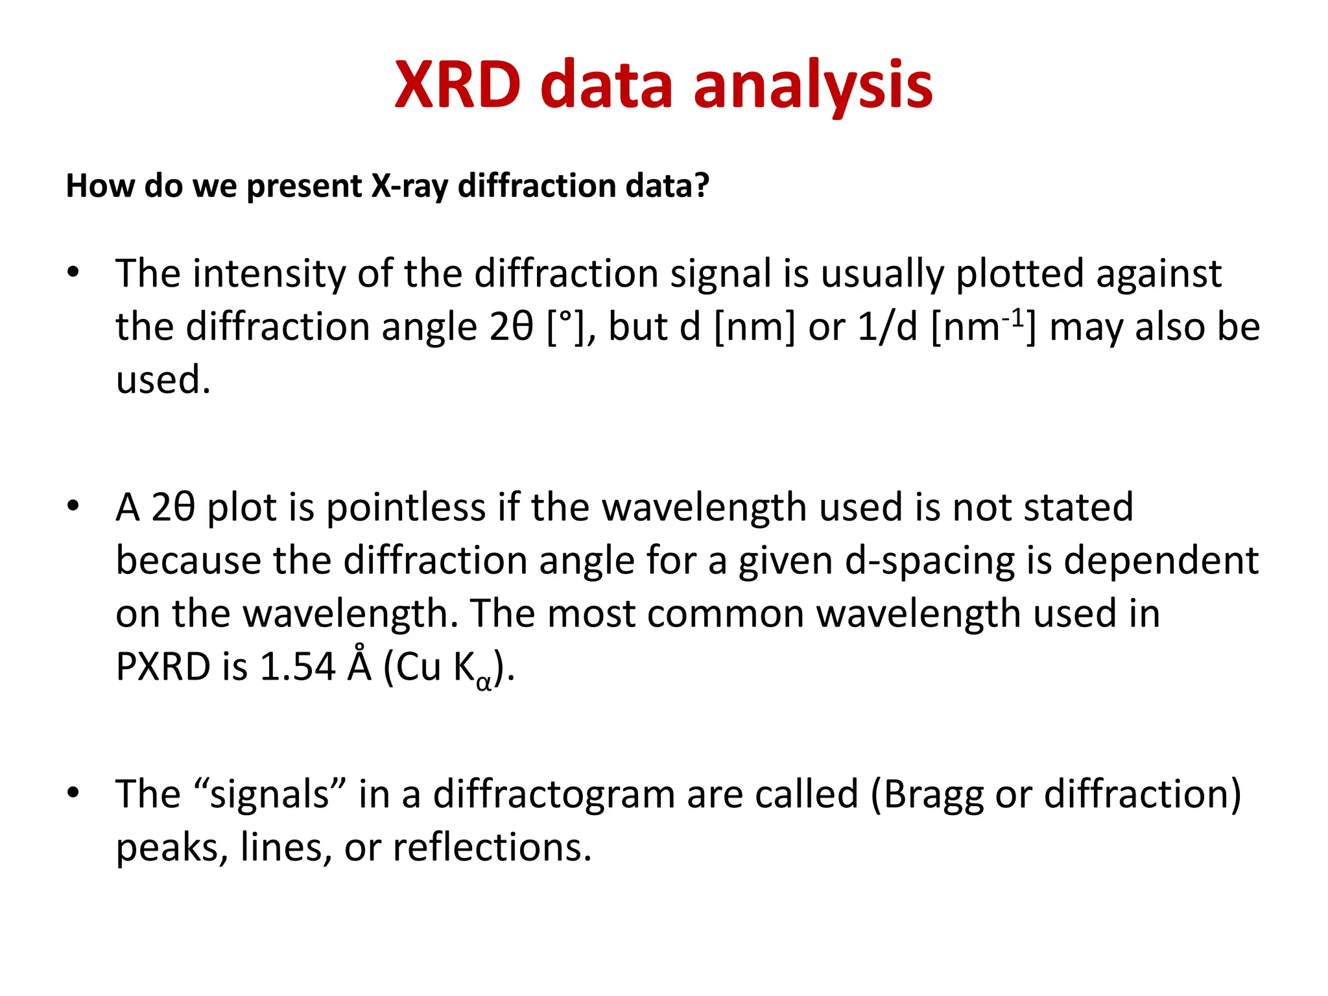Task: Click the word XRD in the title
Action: [x=458, y=85]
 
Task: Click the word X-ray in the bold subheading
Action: [x=409, y=186]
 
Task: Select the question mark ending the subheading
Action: [x=702, y=185]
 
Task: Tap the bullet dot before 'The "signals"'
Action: [x=73, y=792]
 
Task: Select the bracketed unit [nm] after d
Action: [x=754, y=326]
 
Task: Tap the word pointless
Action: [x=405, y=506]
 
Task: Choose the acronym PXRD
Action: [x=163, y=667]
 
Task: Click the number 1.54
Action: [x=297, y=667]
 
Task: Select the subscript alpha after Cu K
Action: [x=484, y=682]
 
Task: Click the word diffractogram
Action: [x=554, y=794]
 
